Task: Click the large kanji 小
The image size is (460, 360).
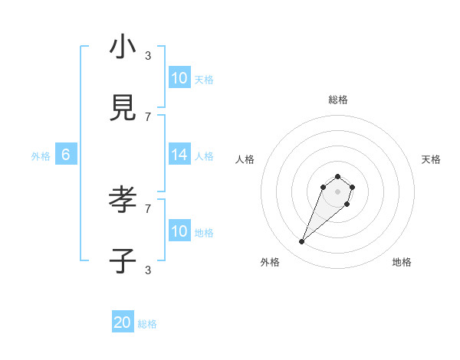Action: (x=123, y=47)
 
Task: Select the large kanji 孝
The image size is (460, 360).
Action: (x=123, y=200)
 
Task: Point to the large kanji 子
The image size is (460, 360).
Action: (x=123, y=261)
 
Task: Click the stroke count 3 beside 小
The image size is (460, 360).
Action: (x=148, y=55)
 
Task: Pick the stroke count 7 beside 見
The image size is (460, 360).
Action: (x=148, y=116)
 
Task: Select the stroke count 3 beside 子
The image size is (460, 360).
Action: (x=148, y=270)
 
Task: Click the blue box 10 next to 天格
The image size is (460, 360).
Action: (x=179, y=78)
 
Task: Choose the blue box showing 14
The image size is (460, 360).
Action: (x=179, y=155)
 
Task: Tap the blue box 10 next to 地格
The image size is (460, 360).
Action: (x=179, y=231)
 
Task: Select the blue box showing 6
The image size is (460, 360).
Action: (x=66, y=155)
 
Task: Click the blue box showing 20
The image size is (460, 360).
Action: (x=123, y=323)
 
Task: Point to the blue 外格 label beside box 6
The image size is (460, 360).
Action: (x=41, y=156)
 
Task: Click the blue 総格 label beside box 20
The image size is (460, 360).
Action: (x=147, y=325)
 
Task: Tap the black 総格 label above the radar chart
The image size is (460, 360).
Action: (x=337, y=100)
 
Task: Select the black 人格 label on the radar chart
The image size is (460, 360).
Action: (x=245, y=159)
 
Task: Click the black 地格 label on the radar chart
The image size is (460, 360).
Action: (x=402, y=262)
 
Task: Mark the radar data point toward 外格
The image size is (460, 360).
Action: (x=302, y=242)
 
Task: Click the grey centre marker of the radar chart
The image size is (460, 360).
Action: (x=337, y=191)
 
